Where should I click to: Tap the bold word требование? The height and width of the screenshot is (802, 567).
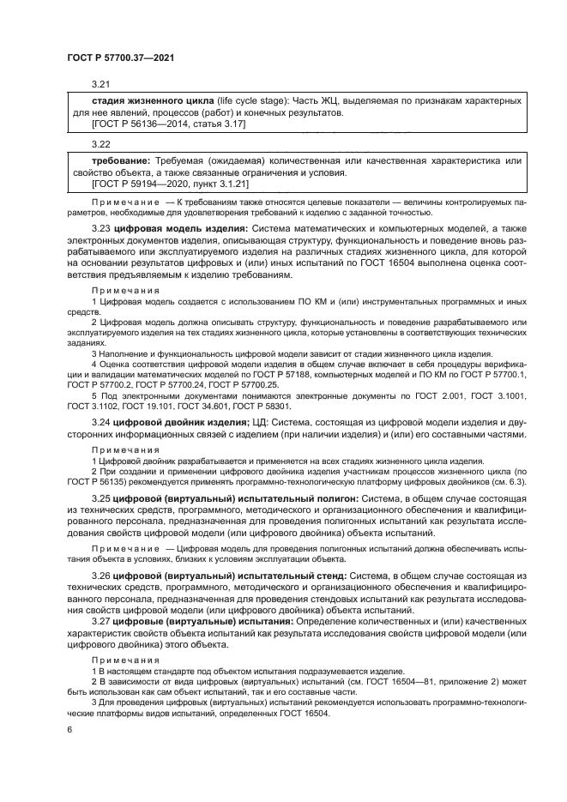click(x=121, y=161)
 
